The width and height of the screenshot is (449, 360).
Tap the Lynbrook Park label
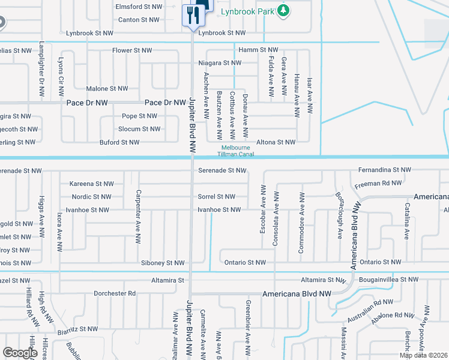click(247, 11)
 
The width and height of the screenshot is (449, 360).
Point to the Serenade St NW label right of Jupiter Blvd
click(222, 170)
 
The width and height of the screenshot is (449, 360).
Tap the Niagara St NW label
click(220, 62)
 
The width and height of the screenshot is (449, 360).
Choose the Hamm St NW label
click(258, 50)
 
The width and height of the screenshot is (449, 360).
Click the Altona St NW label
click(276, 142)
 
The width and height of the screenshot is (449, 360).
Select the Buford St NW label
click(119, 142)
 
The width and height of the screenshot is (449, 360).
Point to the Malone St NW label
click(107, 88)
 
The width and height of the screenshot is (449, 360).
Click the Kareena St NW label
click(91, 184)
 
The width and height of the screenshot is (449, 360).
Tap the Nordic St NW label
click(91, 196)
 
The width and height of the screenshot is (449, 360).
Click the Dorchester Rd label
click(115, 293)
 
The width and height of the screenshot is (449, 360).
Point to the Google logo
click(20, 353)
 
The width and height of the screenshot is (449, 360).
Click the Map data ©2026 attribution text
click(423, 355)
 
